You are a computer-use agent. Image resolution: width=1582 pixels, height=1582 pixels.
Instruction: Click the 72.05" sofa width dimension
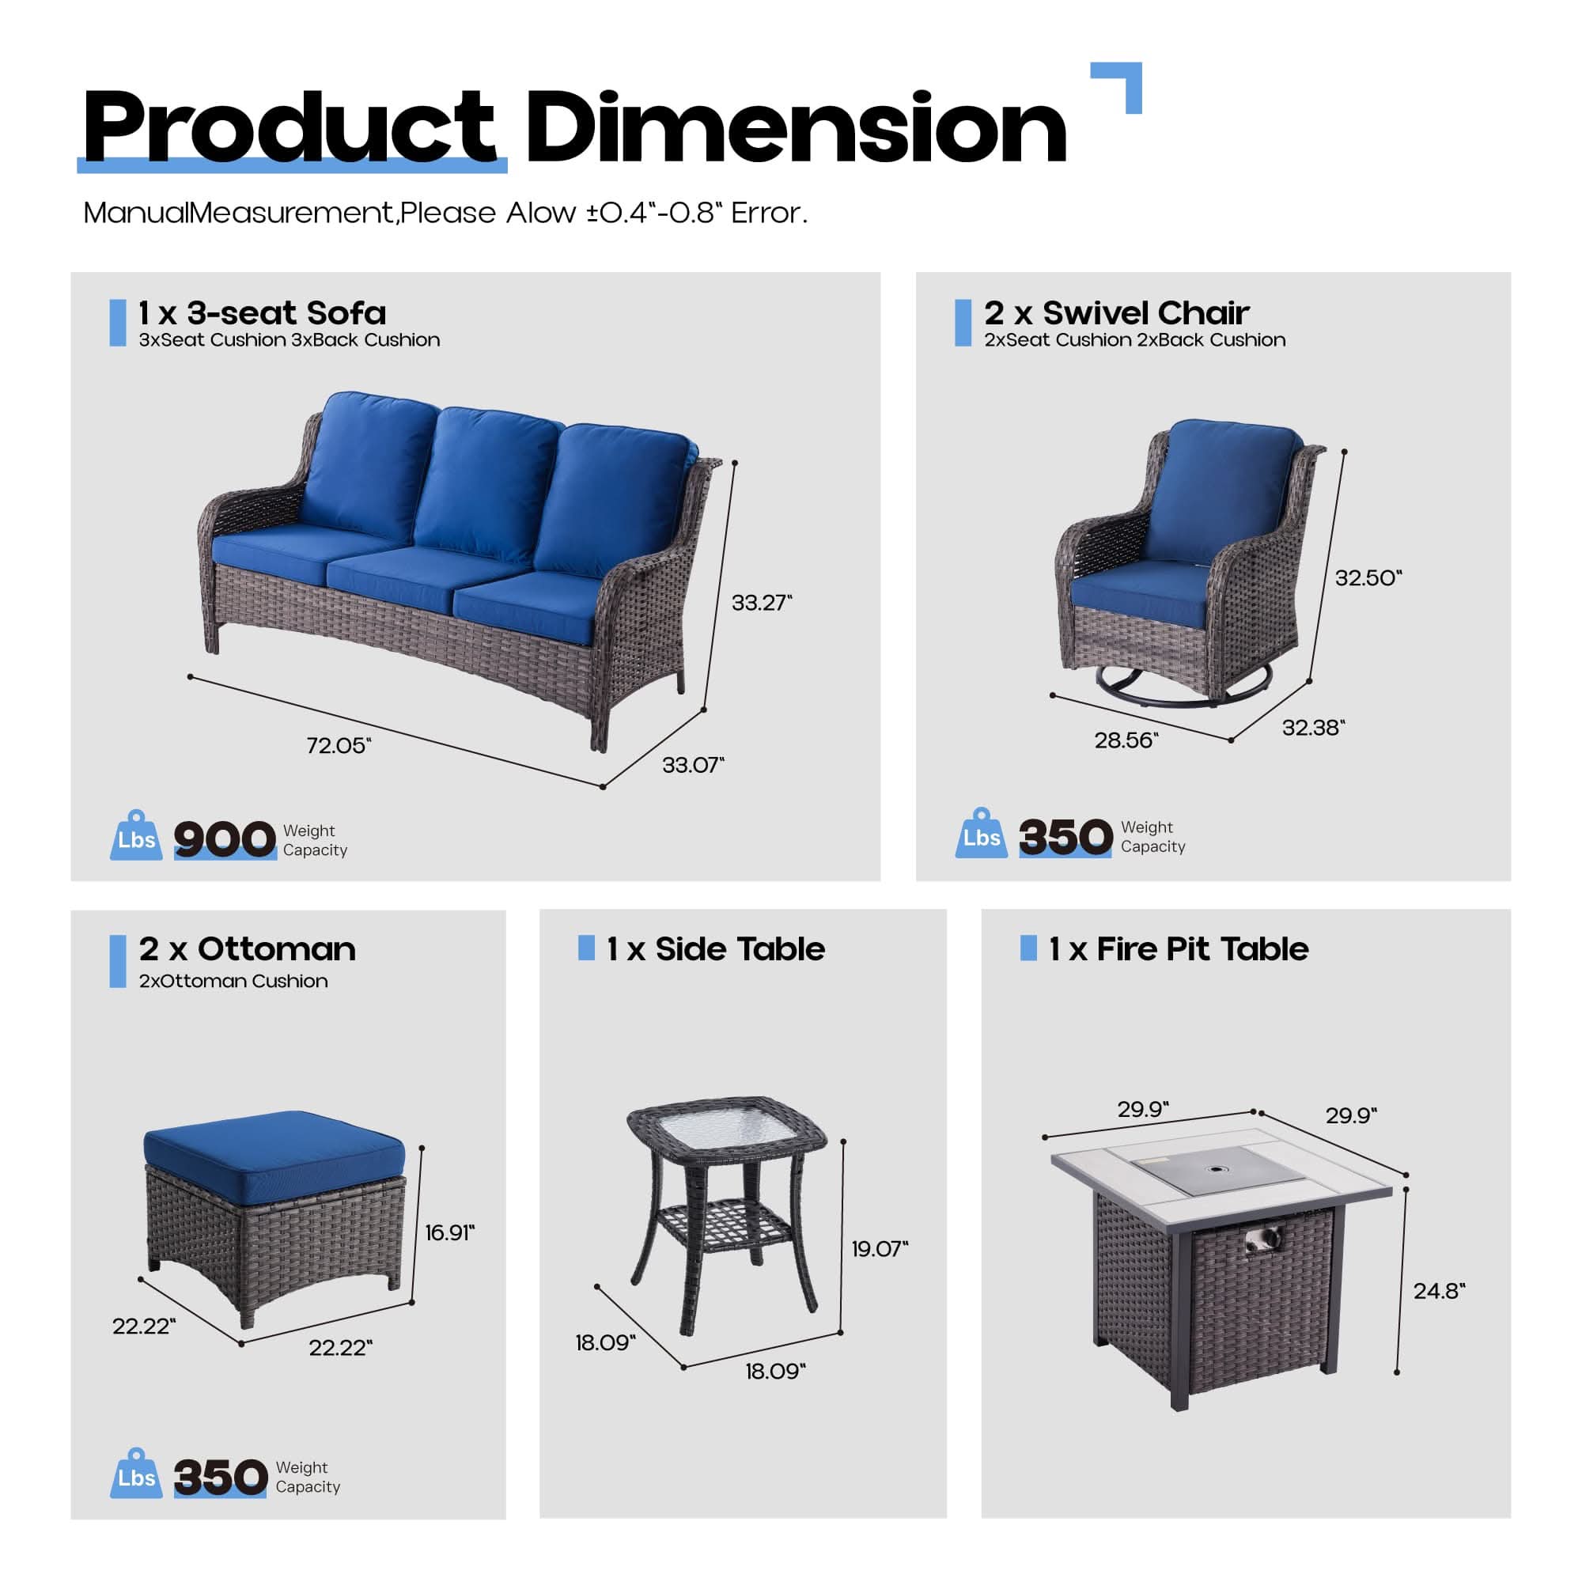coord(339,745)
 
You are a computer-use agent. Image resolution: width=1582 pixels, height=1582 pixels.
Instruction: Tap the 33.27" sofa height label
coord(762,603)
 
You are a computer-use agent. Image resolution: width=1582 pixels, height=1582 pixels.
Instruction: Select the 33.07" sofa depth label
coord(694,765)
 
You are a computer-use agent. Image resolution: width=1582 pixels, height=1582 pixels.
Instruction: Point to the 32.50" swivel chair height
coord(1368,578)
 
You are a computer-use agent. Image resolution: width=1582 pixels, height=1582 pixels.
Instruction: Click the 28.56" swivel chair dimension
coord(1126,740)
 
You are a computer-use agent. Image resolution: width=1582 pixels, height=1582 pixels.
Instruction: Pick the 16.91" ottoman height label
coord(449,1232)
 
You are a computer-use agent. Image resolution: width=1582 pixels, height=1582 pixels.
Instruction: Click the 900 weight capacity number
coord(225,839)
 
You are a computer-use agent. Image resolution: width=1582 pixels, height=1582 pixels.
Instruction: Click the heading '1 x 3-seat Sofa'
coord(262,312)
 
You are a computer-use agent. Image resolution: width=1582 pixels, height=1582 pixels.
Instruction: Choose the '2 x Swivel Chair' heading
coord(1117,312)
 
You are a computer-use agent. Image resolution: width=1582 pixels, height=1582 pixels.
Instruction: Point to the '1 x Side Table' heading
coord(716,949)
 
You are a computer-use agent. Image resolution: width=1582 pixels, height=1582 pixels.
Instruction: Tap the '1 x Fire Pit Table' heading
coord(1179,949)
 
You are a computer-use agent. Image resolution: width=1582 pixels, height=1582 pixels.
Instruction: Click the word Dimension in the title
coord(796,129)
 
